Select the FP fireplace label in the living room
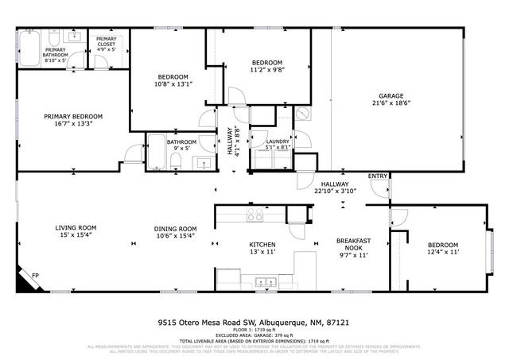pyautogui.click(x=34, y=276)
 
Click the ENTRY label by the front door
pyautogui.click(x=377, y=176)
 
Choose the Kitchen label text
pyautogui.click(x=262, y=245)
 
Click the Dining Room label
pyautogui.click(x=175, y=228)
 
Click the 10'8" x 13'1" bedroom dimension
pyautogui.click(x=172, y=83)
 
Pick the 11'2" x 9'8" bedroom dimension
pyautogui.click(x=266, y=70)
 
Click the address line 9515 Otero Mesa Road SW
pyautogui.click(x=254, y=324)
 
